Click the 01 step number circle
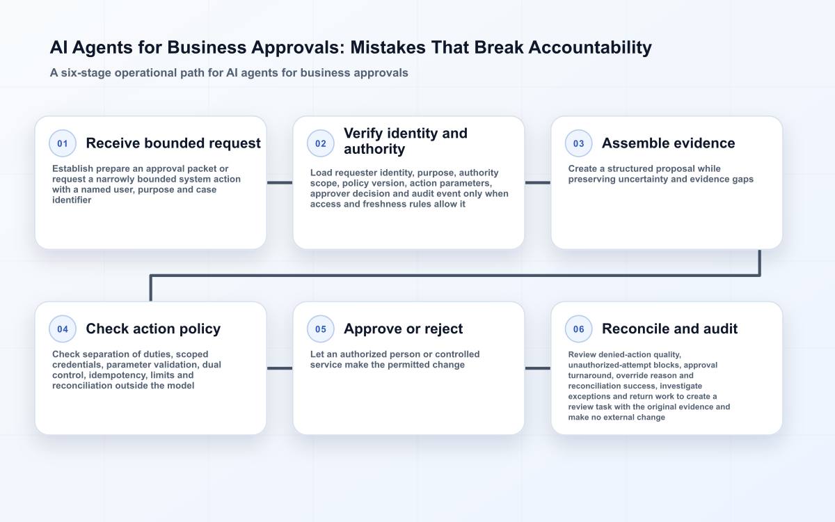pos(63,143)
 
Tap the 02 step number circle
pos(321,143)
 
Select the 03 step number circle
pos(578,143)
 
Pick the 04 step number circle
pos(63,329)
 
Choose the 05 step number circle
pos(321,329)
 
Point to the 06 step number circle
pos(578,329)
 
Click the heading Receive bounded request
pos(173,143)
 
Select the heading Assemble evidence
pos(669,143)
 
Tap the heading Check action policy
pos(153,329)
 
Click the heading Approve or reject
pos(404,329)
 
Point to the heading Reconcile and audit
pos(670,329)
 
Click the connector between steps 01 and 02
pos(280,182)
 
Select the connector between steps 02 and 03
pos(538,182)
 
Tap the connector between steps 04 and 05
pos(280,368)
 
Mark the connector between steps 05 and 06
pos(538,368)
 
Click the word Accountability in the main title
pos(590,48)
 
